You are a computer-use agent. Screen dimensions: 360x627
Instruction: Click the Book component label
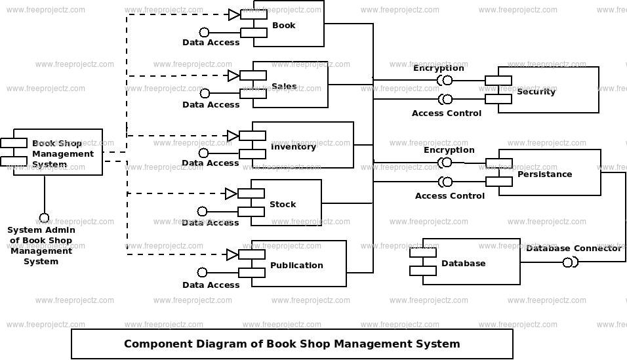[283, 26]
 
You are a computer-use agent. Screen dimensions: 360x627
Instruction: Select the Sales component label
[284, 87]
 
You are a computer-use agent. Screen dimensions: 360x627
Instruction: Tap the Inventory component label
[293, 147]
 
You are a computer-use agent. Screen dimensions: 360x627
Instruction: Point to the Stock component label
[283, 205]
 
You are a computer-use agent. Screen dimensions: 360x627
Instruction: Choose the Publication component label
[296, 266]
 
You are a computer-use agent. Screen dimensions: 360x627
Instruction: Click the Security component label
[536, 92]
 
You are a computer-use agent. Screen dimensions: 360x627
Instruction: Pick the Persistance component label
[544, 174]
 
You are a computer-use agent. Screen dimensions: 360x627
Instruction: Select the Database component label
[463, 264]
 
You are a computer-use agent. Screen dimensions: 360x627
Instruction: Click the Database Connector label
[573, 249]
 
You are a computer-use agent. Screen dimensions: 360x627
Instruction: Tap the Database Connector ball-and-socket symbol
[569, 262]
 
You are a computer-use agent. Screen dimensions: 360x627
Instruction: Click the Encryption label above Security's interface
[438, 68]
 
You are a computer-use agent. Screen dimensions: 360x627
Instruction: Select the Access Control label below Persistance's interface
[449, 196]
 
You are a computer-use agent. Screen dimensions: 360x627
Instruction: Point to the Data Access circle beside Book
[204, 32]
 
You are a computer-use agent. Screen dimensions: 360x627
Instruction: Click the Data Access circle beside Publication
[202, 272]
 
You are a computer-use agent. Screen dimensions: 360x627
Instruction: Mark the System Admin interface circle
[44, 218]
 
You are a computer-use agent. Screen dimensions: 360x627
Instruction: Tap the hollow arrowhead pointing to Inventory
[233, 136]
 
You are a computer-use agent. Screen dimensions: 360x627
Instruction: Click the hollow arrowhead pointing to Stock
[231, 193]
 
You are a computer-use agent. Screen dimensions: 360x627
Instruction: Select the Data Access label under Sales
[211, 105]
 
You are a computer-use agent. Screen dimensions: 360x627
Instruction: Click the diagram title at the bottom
[292, 344]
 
